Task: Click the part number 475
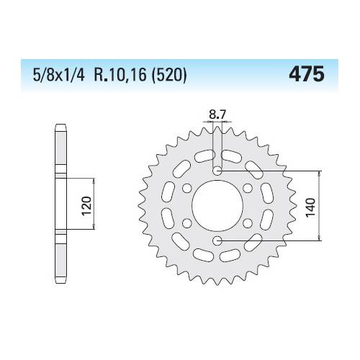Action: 307,74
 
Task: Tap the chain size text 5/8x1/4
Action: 59,74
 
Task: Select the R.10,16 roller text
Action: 120,74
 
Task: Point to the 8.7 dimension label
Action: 217,114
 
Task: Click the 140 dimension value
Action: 310,207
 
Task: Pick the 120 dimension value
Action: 86,206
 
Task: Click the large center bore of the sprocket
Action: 217,206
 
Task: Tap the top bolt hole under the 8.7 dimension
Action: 217,171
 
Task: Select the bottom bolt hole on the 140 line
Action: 217,240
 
